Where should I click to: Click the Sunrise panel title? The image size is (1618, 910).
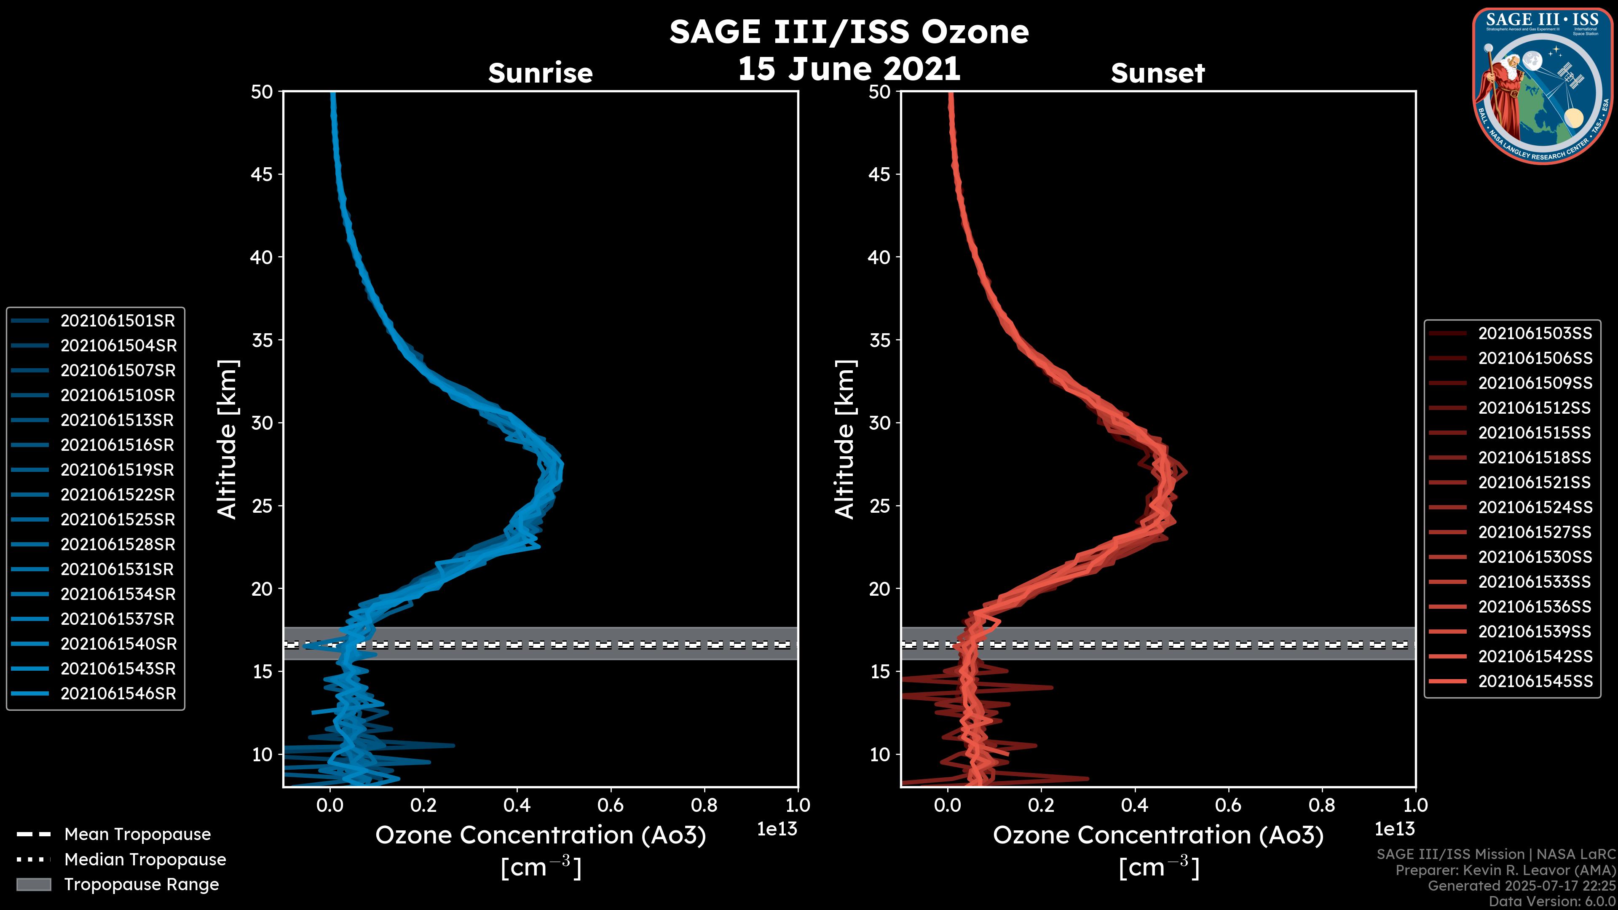(540, 73)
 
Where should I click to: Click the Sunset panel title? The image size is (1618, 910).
(1157, 73)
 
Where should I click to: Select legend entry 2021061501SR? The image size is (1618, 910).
(118, 321)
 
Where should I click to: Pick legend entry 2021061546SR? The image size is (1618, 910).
(118, 694)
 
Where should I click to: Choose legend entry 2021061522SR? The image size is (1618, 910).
(118, 495)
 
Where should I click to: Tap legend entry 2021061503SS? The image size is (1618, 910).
(1535, 334)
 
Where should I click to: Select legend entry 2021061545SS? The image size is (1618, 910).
(1535, 681)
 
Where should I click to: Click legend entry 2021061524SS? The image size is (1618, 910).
(1535, 507)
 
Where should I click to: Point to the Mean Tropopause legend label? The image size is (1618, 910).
(137, 835)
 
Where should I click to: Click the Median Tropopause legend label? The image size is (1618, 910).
(145, 860)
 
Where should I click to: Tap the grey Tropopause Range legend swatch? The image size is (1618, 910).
(33, 885)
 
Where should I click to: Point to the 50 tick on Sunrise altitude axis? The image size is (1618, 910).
(262, 92)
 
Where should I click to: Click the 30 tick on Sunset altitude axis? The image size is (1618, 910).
(880, 423)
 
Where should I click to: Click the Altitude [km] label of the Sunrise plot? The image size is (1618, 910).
(228, 439)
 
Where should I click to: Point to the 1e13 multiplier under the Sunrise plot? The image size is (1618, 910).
(777, 830)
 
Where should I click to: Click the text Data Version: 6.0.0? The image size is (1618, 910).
(1551, 902)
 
